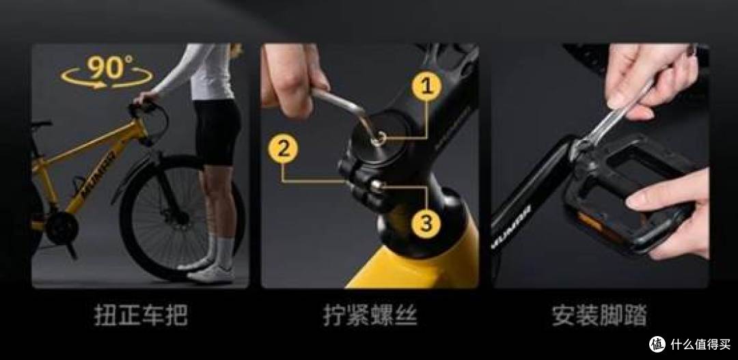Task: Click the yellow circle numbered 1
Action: point(426,87)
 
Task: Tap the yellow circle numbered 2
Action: point(283,149)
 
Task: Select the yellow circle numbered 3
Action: point(426,223)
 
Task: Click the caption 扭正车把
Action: point(141,316)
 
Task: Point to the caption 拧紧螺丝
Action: point(370,316)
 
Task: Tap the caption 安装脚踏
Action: point(599,316)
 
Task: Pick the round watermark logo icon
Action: point(657,344)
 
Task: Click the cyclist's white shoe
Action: point(210,274)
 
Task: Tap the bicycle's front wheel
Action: point(181,217)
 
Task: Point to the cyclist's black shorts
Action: point(217,133)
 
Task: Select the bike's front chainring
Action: point(61,228)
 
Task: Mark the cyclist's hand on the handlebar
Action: point(144,97)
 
